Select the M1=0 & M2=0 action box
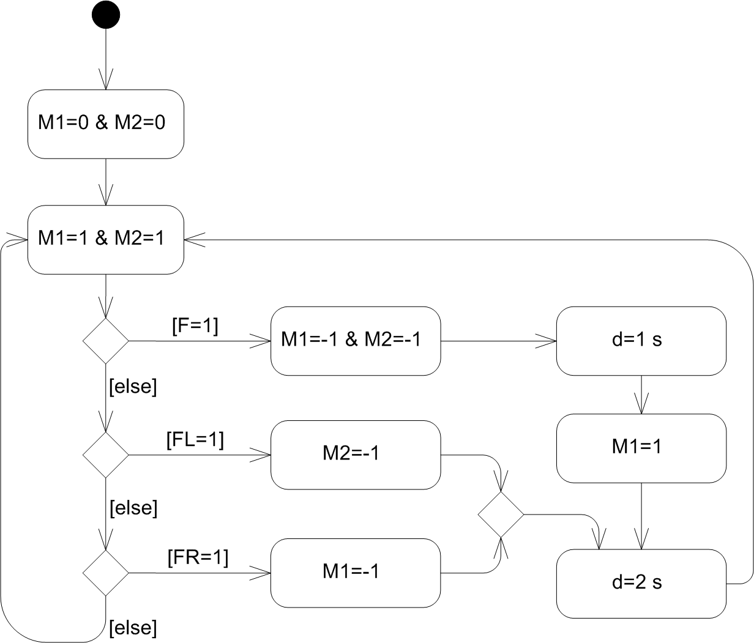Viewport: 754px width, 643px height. [106, 124]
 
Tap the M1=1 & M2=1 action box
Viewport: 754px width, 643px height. [106, 239]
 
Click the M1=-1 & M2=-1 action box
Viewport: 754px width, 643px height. [356, 341]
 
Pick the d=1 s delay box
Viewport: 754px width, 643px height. [641, 341]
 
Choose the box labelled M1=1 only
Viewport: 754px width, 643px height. [641, 448]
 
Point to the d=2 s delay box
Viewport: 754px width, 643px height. [641, 583]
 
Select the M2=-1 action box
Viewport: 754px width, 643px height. [356, 455]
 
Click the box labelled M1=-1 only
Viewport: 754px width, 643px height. [356, 572]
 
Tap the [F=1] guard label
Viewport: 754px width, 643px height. [195, 326]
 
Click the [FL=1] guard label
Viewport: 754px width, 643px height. [195, 440]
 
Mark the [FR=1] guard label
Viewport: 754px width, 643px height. [197, 557]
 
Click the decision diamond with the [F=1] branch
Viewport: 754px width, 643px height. [106, 341]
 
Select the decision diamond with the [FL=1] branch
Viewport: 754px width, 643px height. [106, 455]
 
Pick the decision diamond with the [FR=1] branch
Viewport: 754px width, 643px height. [106, 573]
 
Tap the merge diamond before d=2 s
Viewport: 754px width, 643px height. [501, 515]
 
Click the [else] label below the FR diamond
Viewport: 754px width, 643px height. [133, 627]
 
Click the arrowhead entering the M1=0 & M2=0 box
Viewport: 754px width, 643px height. [106, 82]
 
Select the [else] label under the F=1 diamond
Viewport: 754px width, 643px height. [132, 387]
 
